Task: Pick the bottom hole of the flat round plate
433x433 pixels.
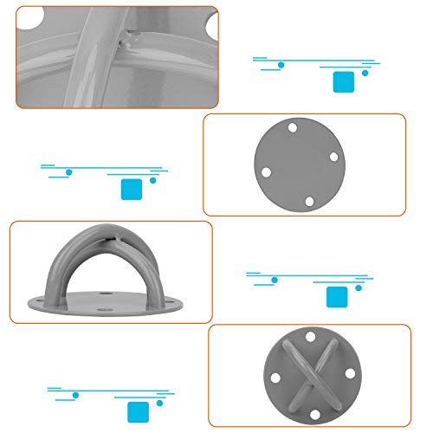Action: (309, 201)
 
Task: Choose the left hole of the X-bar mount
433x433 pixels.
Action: (274, 377)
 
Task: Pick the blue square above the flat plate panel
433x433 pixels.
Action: (344, 81)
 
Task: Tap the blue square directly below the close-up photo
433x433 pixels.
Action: (132, 190)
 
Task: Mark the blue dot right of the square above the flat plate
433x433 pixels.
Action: (365, 73)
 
